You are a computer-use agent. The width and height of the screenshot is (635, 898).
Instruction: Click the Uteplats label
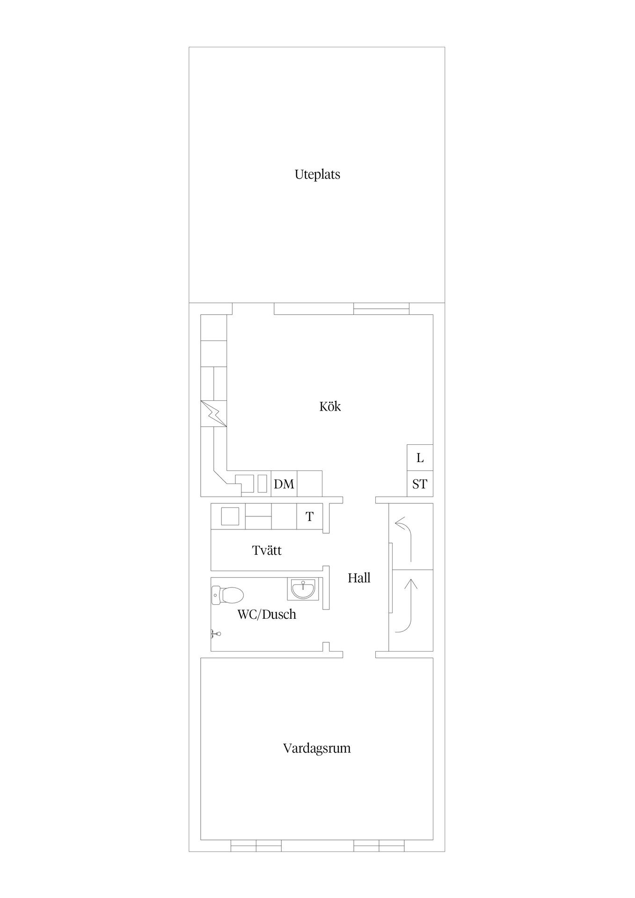coord(317,174)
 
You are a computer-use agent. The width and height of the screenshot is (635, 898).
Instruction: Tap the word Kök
coord(330,406)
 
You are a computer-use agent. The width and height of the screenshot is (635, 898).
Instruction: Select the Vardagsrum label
coord(317,748)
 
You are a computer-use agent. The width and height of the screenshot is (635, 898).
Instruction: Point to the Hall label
coord(359,578)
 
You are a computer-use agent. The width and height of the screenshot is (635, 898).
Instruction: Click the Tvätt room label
coord(267,550)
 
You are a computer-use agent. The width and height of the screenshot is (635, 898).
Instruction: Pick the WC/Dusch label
coord(267,615)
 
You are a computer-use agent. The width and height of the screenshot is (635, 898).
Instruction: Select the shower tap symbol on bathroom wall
coord(215,634)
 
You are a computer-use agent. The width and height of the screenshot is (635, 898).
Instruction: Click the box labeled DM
coord(284,484)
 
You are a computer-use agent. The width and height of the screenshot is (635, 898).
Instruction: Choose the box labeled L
coord(420,458)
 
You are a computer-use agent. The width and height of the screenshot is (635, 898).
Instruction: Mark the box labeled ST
coord(420,484)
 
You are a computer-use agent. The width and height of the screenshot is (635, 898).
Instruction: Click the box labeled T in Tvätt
coord(309,517)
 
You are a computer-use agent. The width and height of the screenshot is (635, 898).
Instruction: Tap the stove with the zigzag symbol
coord(213,413)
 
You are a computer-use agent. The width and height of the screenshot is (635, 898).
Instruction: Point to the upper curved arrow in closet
coord(405,538)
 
